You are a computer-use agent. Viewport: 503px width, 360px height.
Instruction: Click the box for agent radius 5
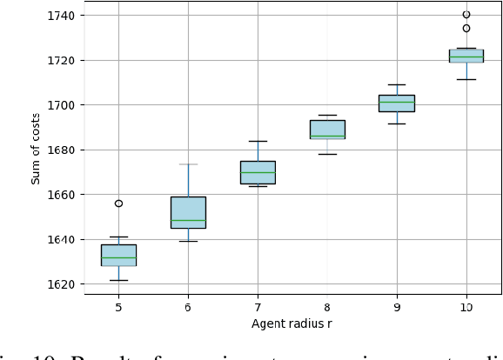[x=118, y=255]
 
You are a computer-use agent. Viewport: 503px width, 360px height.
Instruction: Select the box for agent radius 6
[x=188, y=212]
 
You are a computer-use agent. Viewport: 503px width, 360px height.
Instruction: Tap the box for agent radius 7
[x=258, y=172]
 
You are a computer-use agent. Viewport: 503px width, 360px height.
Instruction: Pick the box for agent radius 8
[x=327, y=130]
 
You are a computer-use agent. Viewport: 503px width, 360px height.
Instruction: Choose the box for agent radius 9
[x=397, y=103]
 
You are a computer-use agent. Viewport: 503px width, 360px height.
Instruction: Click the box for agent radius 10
[x=466, y=56]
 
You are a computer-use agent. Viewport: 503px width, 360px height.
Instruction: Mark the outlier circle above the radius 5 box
[x=118, y=203]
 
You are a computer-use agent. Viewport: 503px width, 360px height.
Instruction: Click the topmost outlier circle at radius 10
[x=466, y=15]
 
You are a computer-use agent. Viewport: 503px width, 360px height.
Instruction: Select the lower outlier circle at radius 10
[x=466, y=29]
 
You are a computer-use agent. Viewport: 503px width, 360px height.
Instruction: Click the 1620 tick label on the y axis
[x=64, y=284]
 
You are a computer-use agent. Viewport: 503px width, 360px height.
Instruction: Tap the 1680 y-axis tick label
[x=64, y=150]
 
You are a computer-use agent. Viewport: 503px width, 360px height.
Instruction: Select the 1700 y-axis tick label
[x=64, y=105]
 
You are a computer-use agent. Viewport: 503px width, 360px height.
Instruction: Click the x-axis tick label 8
[x=327, y=307]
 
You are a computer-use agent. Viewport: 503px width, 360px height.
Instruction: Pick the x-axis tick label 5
[x=118, y=307]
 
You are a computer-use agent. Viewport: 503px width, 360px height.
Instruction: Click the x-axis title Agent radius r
[x=292, y=324]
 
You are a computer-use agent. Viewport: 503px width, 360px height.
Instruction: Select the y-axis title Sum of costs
[x=37, y=150]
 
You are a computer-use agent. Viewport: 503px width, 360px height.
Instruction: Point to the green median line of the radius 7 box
[x=258, y=172]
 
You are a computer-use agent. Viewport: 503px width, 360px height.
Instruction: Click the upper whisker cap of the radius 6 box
[x=188, y=164]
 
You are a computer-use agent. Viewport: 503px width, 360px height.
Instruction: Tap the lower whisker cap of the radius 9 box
[x=397, y=123]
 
